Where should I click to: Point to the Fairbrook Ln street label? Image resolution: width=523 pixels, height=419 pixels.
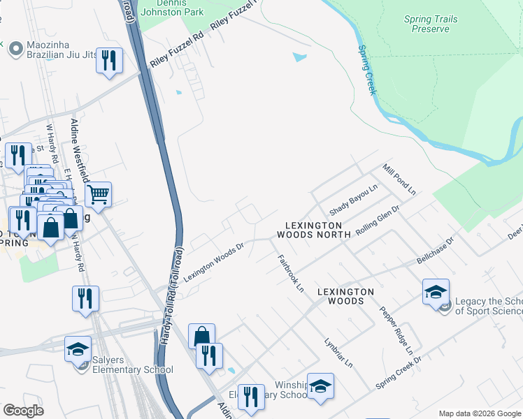(x=291, y=273)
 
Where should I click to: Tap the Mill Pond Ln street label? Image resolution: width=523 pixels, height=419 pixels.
(x=399, y=180)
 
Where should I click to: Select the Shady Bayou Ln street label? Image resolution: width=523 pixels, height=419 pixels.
(x=354, y=200)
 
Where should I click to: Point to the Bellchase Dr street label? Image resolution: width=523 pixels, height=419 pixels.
(x=436, y=250)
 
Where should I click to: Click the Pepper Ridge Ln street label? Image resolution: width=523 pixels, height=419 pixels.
(x=396, y=329)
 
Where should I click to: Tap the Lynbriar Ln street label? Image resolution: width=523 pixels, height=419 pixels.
(x=338, y=353)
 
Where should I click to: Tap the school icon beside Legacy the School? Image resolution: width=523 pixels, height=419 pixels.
(x=436, y=291)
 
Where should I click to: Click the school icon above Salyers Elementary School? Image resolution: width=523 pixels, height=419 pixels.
(x=78, y=348)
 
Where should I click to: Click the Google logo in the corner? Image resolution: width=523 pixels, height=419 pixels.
(x=23, y=411)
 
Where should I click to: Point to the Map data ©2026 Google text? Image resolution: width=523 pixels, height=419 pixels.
(x=480, y=413)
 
